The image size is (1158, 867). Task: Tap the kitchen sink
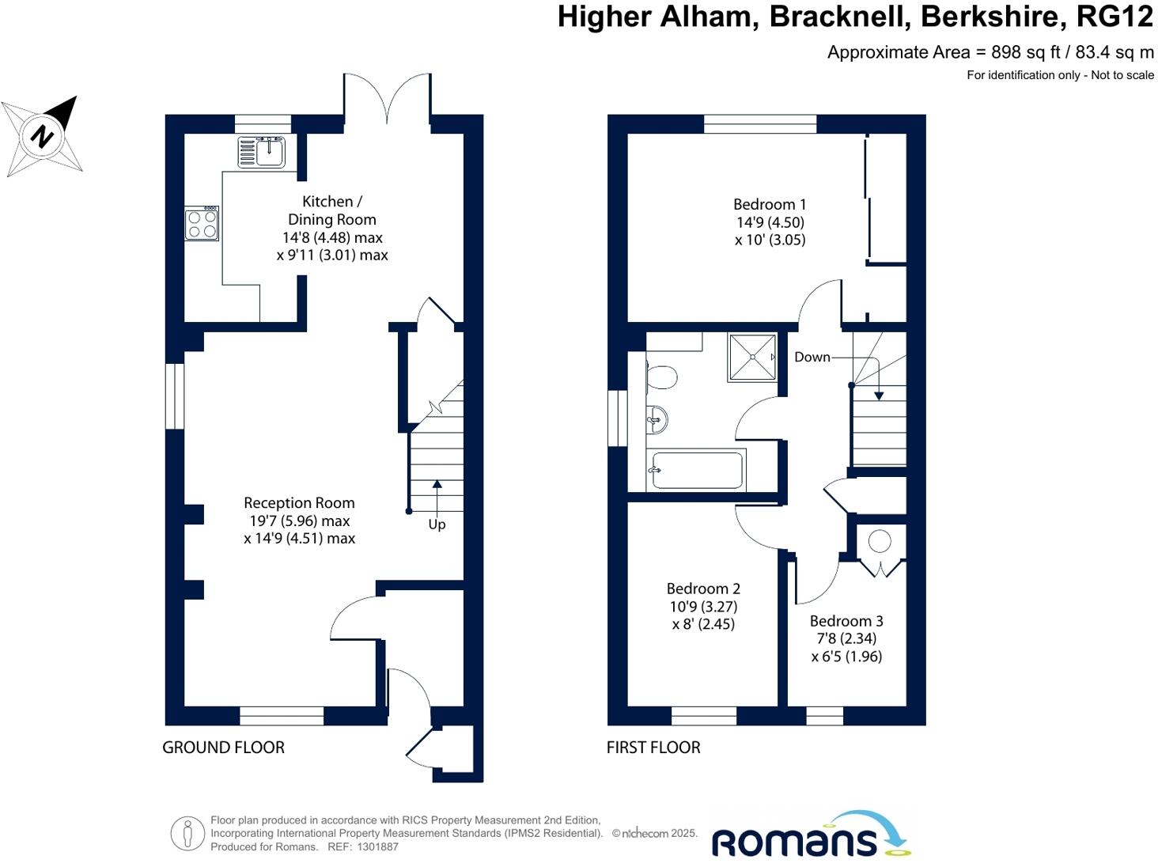point(262,151)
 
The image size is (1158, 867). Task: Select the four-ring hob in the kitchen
point(202,224)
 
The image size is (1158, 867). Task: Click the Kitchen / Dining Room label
point(331,210)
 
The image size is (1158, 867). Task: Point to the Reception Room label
point(299,503)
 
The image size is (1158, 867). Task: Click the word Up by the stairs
point(437,524)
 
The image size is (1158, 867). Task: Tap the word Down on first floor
point(812,358)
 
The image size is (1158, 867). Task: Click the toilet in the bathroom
point(661,377)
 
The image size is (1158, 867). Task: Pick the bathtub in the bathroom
point(696,471)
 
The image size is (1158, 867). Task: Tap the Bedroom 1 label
point(770,205)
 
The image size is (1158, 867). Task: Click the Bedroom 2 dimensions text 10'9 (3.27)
point(703,607)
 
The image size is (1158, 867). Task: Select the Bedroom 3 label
point(846,622)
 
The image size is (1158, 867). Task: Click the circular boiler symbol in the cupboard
point(880,542)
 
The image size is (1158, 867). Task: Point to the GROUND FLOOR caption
point(223,748)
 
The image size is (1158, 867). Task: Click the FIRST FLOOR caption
point(653,748)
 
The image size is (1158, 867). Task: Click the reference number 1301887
point(378,847)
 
